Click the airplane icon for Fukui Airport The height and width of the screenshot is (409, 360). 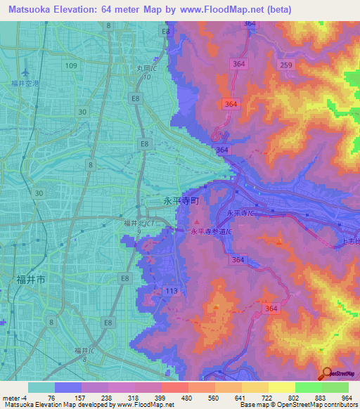click(x=26, y=72)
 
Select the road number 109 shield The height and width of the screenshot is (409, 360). click(x=71, y=65)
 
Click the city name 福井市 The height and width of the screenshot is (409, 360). click(x=31, y=279)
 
